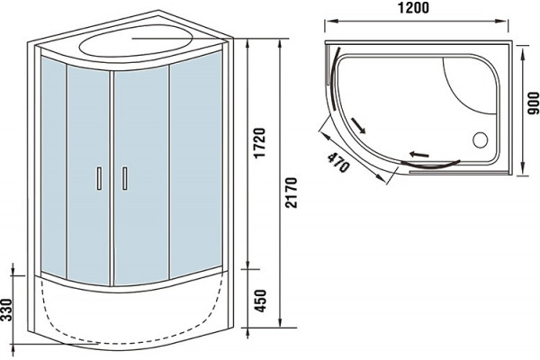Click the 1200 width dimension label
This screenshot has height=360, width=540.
(413, 7)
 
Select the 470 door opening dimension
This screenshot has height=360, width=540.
(338, 163)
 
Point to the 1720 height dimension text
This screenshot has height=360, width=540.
(260, 142)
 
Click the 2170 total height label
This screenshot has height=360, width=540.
(292, 193)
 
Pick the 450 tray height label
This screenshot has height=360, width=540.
(260, 301)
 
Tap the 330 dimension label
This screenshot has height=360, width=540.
(6, 310)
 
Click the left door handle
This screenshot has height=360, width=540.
(99, 178)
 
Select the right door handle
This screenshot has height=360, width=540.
(125, 178)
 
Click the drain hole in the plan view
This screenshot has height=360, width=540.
(480, 140)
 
